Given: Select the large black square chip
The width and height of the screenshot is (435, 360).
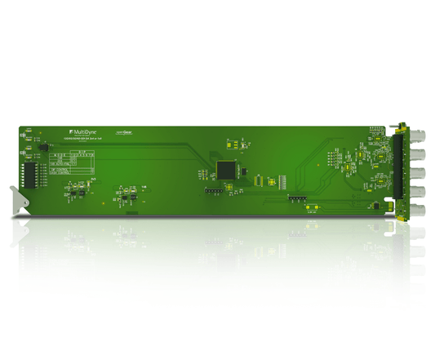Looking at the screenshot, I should tap(226, 169).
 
